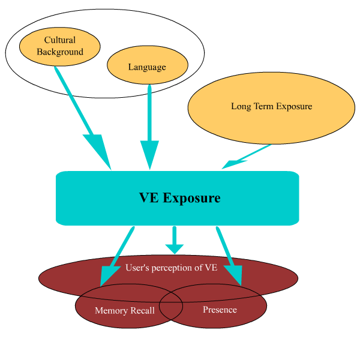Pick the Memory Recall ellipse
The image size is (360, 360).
(x=108, y=318)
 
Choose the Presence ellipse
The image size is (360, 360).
(x=240, y=318)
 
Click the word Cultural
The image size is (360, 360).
(x=60, y=40)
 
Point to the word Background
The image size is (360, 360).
(x=60, y=52)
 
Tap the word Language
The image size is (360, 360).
(x=147, y=67)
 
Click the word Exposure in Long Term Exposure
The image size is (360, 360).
(x=293, y=107)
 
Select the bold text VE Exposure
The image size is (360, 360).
(x=179, y=198)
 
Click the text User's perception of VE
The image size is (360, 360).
(x=172, y=268)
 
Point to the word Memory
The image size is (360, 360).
(x=110, y=311)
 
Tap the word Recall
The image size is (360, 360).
(x=142, y=311)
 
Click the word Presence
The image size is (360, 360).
(x=220, y=310)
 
